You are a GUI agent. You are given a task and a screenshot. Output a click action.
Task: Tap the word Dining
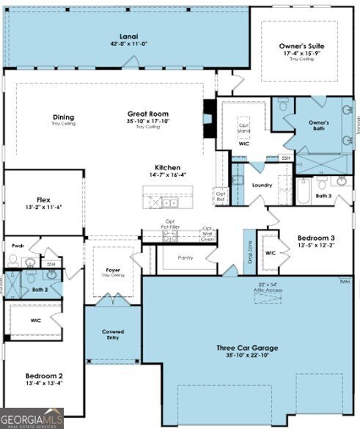(63, 117)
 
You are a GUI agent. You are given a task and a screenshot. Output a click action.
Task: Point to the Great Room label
(148, 114)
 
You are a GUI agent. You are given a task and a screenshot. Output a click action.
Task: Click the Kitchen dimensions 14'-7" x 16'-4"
(167, 175)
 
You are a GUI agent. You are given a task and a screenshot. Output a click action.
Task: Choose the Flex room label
(43, 199)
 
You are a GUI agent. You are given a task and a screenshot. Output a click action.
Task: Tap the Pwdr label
(18, 246)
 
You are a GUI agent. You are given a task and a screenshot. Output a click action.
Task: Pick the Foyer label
(113, 270)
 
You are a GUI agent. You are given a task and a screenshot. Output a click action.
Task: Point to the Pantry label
(186, 258)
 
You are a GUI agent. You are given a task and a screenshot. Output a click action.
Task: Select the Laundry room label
(262, 186)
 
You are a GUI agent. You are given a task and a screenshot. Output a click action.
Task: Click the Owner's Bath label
(318, 125)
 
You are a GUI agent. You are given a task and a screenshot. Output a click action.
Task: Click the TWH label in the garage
(344, 282)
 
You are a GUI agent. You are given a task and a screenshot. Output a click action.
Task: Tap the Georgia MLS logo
(32, 418)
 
